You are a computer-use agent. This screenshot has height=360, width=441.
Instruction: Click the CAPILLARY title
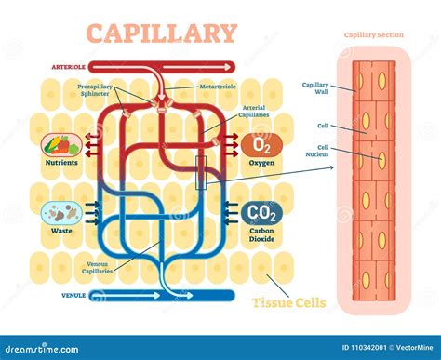click(162, 33)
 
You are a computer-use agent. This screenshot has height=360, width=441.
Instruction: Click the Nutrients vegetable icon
click(60, 145)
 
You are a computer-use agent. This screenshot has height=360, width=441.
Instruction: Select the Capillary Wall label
click(315, 88)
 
